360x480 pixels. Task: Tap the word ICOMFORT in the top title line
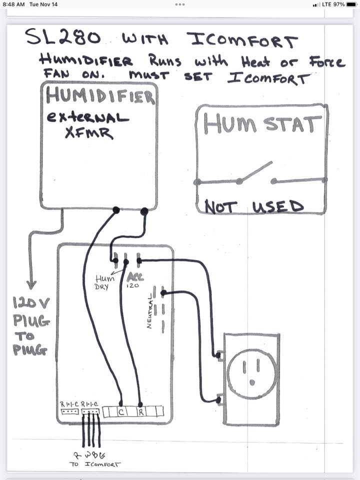242,39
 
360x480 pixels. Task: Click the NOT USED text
253,206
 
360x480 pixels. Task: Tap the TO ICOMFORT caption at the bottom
95,464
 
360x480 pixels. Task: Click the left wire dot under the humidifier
116,210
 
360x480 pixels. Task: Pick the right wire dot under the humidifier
144,212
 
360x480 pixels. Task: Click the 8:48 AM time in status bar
13,4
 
